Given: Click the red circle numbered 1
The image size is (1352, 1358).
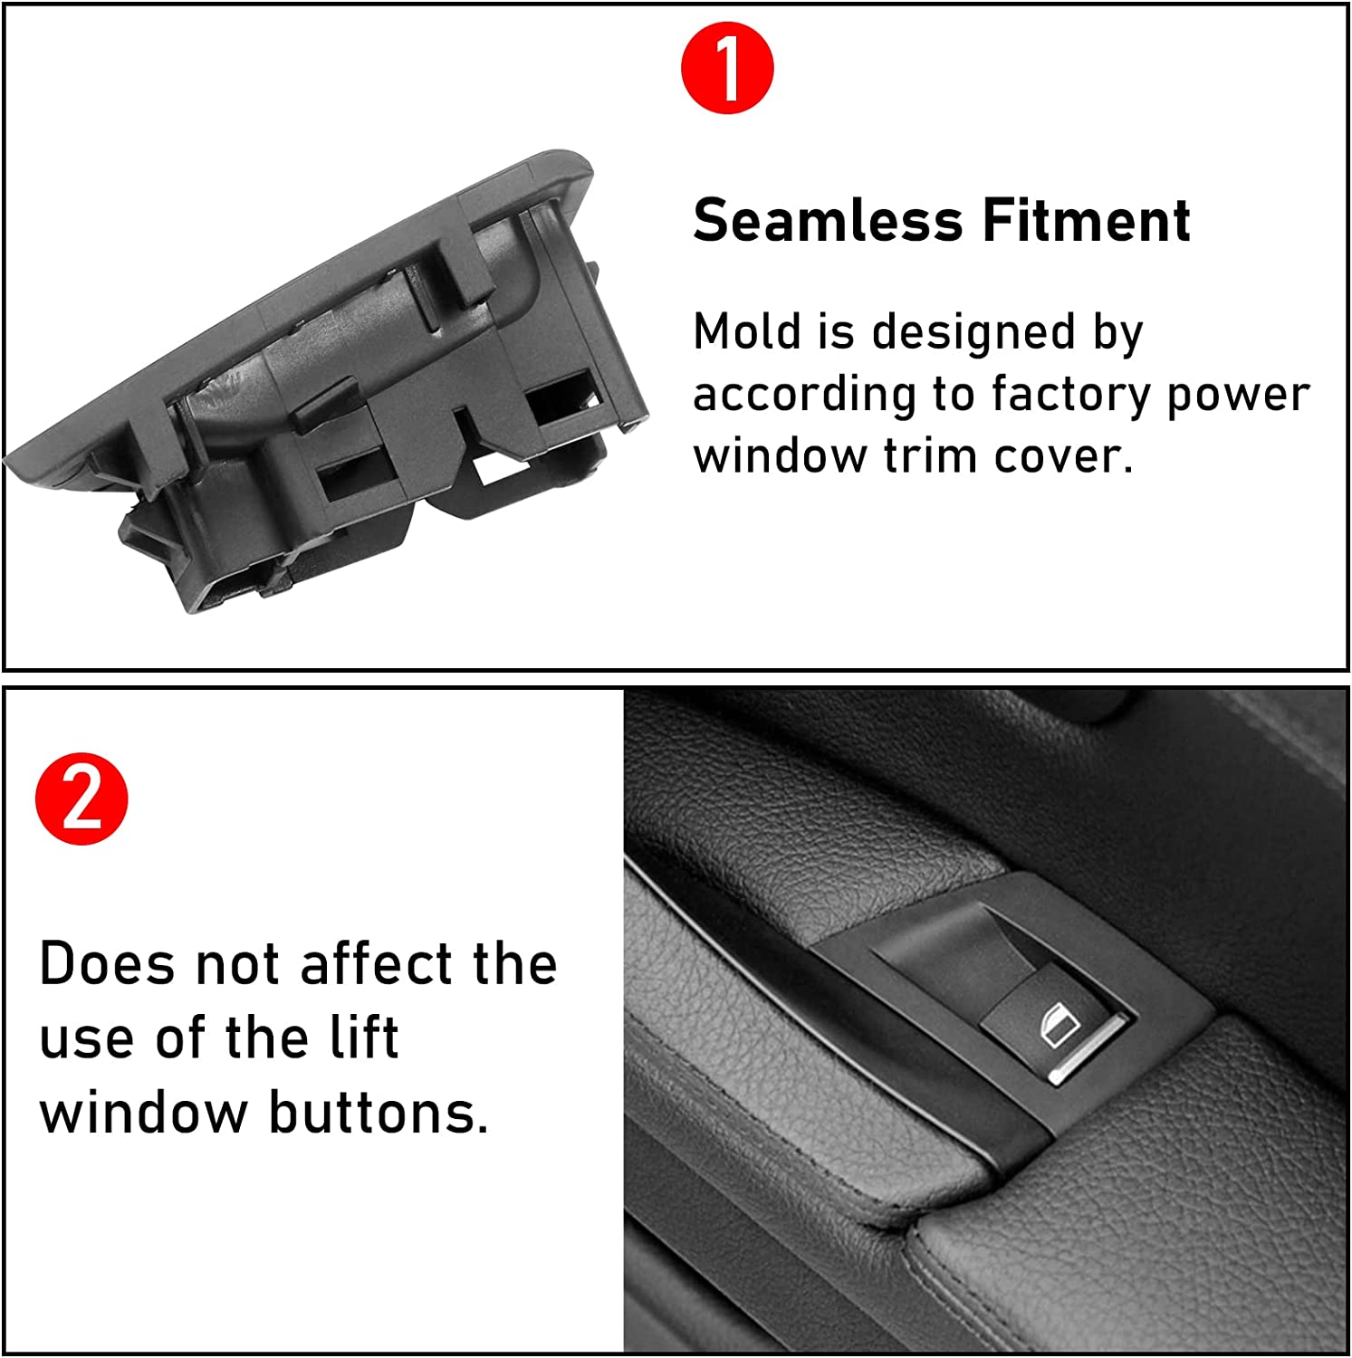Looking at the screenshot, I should click(x=727, y=68).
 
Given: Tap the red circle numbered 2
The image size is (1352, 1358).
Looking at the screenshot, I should click(x=82, y=799).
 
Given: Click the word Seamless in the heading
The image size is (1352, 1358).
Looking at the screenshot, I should click(x=828, y=221).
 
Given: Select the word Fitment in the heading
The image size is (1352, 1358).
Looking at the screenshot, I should click(x=1086, y=221).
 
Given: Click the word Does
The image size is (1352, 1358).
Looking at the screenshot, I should click(x=107, y=963).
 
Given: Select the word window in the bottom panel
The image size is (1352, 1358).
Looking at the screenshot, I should click(x=143, y=1113).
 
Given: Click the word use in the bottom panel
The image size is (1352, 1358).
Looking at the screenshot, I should click(x=89, y=1039).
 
